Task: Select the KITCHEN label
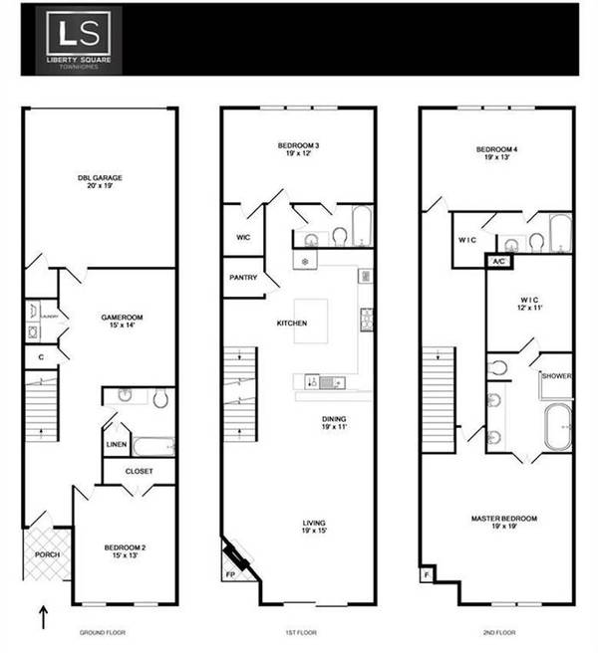291,323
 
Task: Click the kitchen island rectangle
310,321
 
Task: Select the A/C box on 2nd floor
498,262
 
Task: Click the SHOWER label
555,376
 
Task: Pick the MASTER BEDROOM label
504,519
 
